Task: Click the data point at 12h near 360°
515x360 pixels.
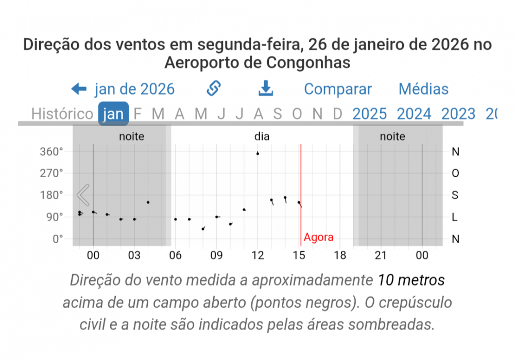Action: [x=257, y=153]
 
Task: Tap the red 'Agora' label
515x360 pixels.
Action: [x=318, y=237]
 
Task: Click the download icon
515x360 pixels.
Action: [x=265, y=89]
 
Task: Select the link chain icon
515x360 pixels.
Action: [x=213, y=89]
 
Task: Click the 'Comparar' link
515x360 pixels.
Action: [x=337, y=89]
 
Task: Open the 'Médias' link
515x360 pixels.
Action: [x=423, y=89]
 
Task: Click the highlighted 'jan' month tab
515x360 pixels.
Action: [x=113, y=114]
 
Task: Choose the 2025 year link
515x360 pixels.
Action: [x=369, y=114]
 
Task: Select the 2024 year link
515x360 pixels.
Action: [x=414, y=114]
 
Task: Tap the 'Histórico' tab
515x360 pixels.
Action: [x=62, y=114]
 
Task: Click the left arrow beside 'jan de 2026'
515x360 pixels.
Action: [x=79, y=89]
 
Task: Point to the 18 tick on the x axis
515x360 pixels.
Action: [x=339, y=255]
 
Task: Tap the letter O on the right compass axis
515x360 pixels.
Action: [x=455, y=173]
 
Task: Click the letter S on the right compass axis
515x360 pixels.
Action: [x=455, y=195]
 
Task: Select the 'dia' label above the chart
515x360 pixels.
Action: [x=262, y=136]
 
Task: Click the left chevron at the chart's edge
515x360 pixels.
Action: [x=83, y=195]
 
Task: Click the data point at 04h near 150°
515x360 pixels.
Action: [x=148, y=202]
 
